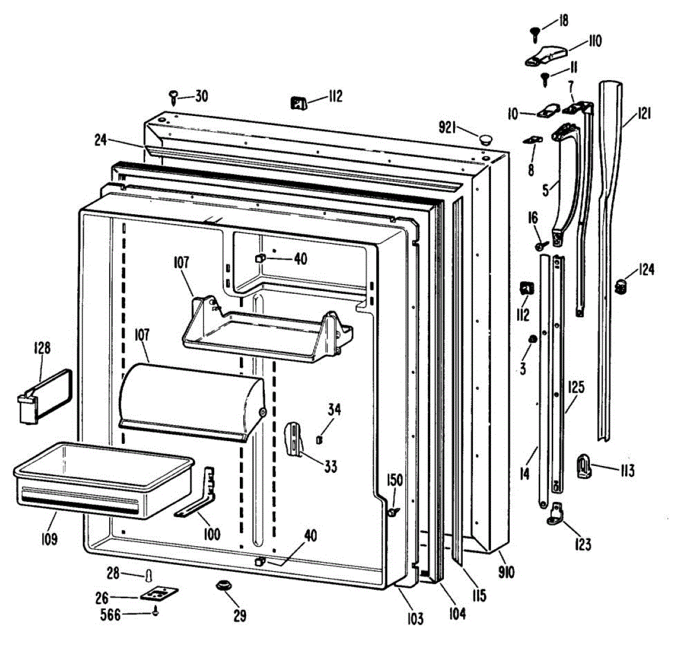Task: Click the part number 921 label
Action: (447, 128)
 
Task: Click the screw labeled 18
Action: (535, 33)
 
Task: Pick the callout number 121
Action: (643, 114)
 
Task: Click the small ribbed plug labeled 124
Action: (621, 286)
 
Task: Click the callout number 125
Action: (576, 388)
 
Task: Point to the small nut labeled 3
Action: (533, 340)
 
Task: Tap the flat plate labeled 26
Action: (159, 594)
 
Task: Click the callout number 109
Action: (49, 538)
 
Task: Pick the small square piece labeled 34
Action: (319, 439)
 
